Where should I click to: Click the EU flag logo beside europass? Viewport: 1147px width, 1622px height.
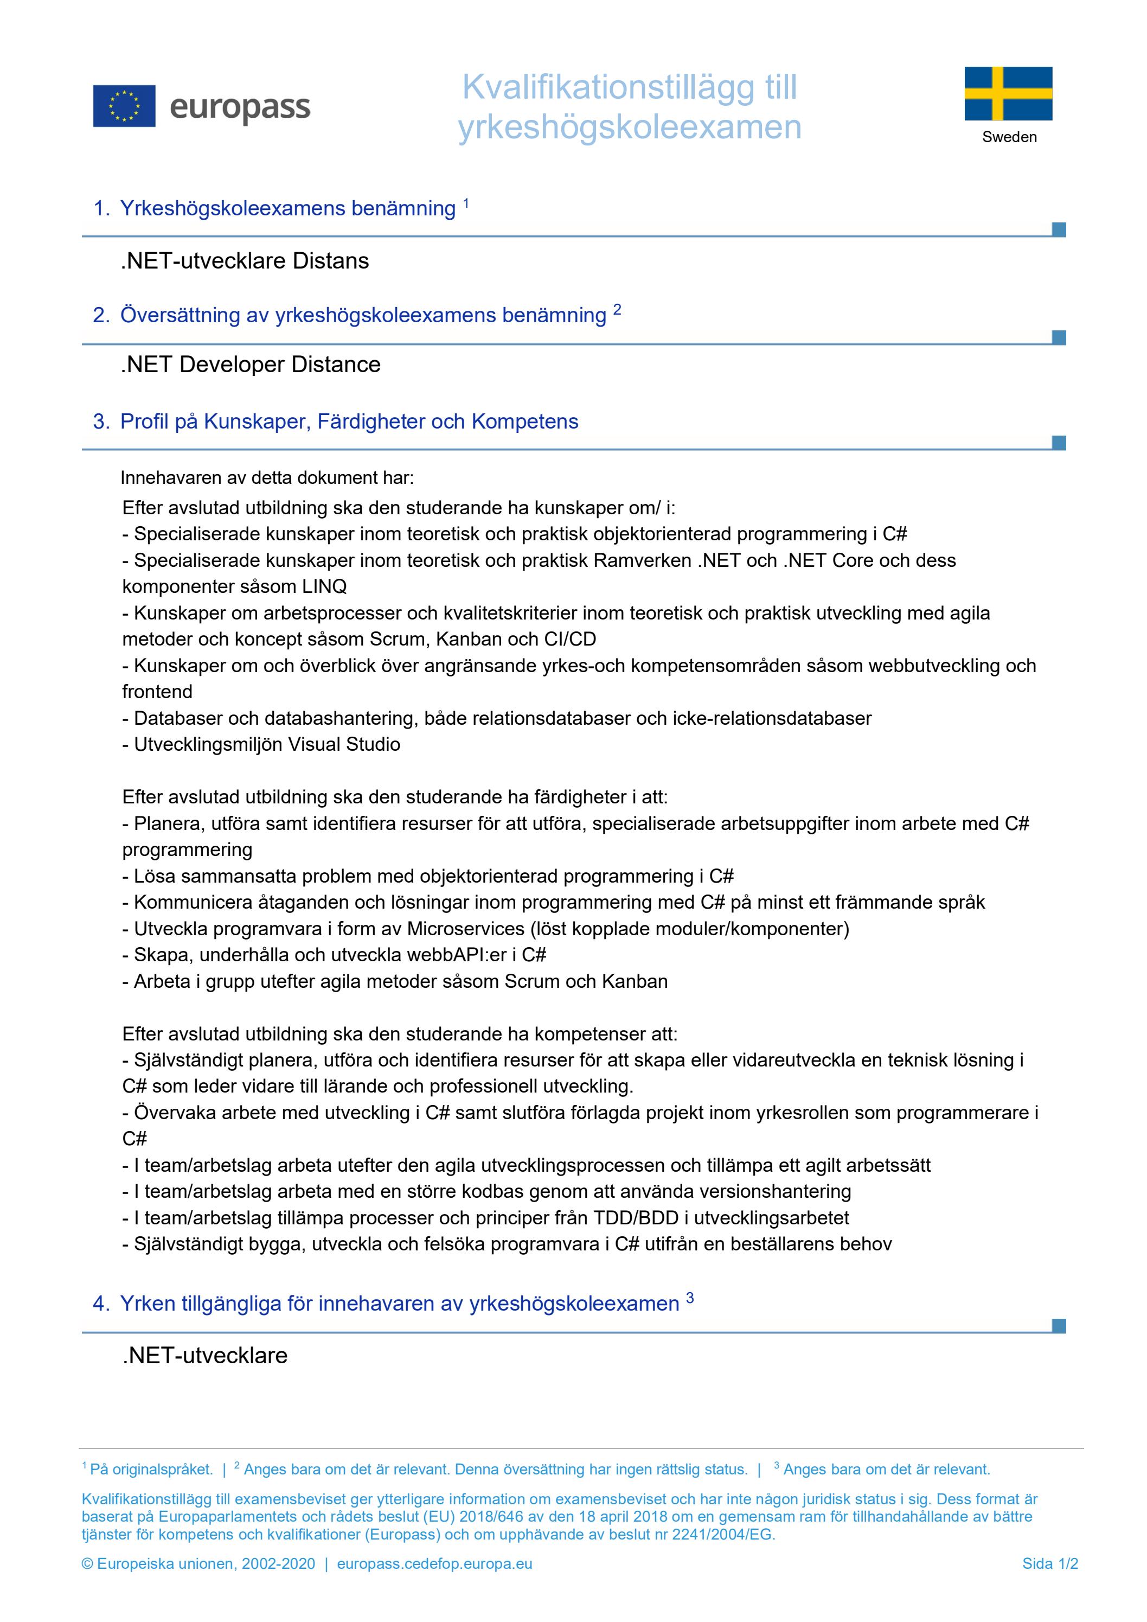pyautogui.click(x=124, y=106)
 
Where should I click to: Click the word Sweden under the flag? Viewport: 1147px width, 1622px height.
pyautogui.click(x=1009, y=137)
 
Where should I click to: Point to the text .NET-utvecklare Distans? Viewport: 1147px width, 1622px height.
pyautogui.click(x=245, y=261)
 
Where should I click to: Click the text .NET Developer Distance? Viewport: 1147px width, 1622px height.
pyautogui.click(x=250, y=365)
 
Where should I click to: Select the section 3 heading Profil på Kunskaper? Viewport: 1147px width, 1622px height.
pyautogui.click(x=349, y=422)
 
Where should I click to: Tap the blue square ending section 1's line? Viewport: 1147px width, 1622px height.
pyautogui.click(x=1058, y=229)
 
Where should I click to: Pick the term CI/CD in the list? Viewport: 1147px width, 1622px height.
pyautogui.click(x=570, y=640)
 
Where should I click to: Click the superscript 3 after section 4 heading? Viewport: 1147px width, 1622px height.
pyautogui.click(x=689, y=1298)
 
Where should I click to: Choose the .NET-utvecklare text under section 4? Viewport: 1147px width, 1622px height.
pyautogui.click(x=205, y=1356)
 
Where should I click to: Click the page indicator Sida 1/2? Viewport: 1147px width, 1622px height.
pyautogui.click(x=1049, y=1563)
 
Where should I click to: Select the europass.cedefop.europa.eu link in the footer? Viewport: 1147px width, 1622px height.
pyautogui.click(x=434, y=1563)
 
